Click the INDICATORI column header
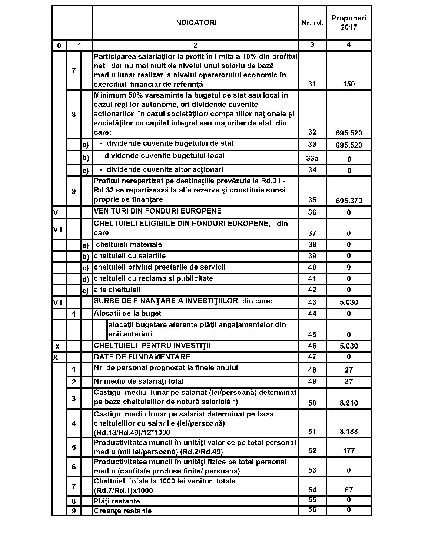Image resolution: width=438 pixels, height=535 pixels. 195,23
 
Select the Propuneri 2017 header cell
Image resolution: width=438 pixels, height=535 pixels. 349,23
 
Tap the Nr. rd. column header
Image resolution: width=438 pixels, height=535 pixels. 312,23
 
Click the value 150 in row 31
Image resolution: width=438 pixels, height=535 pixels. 349,84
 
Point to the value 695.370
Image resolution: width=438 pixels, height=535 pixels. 349,201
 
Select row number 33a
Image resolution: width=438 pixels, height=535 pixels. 312,159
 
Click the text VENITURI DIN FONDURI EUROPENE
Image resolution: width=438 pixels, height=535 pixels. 158,211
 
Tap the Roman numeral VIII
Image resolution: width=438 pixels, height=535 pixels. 58,303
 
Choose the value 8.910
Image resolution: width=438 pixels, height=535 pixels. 349,403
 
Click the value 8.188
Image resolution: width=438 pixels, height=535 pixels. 349,431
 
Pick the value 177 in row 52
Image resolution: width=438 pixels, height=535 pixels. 349,451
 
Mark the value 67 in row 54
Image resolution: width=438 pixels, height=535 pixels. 349,490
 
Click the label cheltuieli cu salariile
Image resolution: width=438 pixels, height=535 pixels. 130,256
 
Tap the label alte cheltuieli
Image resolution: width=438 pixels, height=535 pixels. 117,290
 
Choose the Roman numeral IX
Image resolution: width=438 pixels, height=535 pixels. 56,347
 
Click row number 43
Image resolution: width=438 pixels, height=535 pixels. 312,303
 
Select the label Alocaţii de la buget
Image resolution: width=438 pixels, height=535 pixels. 127,313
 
